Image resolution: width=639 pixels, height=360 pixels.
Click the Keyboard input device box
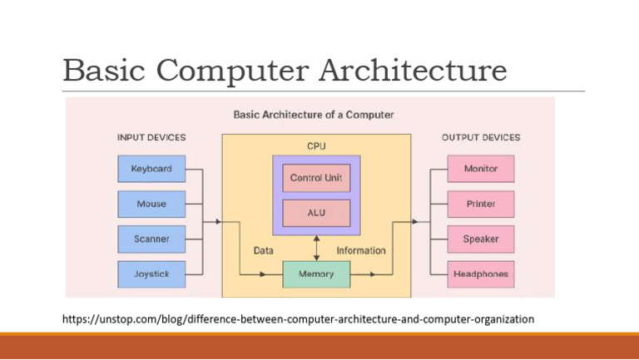151,169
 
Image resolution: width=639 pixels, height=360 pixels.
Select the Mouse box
151,204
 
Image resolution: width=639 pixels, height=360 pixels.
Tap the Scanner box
151,239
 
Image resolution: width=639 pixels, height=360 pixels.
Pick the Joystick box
151,274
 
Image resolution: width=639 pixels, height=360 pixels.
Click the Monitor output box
480,169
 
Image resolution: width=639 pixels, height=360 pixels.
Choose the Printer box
480,204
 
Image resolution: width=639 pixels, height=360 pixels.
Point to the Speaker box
480,239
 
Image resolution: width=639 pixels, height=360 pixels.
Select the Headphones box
480,274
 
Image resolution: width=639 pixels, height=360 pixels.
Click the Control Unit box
315,178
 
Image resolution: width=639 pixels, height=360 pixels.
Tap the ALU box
315,213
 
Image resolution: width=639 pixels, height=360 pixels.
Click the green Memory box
315,274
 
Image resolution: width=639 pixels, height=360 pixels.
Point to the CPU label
316,145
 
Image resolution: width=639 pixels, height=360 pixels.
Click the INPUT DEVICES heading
151,137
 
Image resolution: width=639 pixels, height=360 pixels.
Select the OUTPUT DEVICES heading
480,137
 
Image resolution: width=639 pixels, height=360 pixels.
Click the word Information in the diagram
360,250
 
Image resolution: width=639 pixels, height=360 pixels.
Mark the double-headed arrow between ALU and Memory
315,247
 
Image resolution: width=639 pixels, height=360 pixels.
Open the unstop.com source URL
299,318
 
